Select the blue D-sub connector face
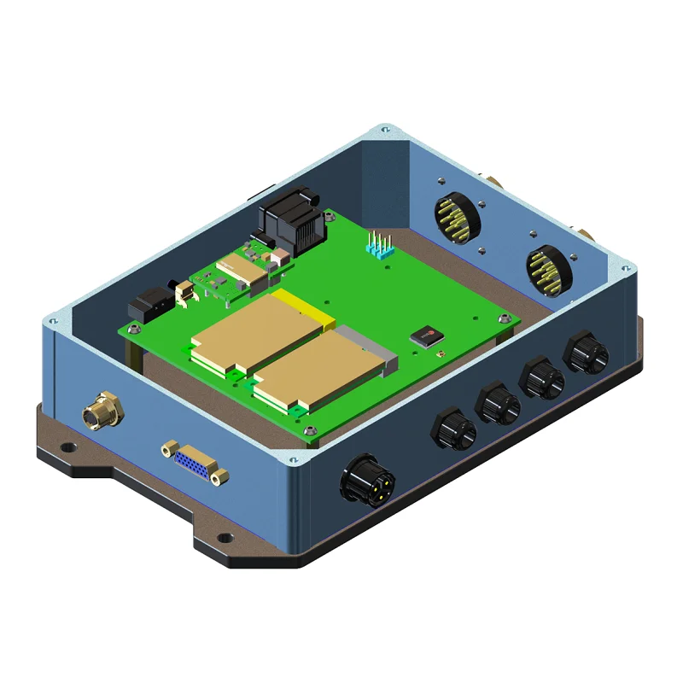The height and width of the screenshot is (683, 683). [x=195, y=464]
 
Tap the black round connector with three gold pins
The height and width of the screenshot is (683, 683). [x=367, y=482]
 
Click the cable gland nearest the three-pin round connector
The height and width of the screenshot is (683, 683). [x=452, y=429]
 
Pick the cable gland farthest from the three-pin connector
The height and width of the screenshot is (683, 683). [x=585, y=350]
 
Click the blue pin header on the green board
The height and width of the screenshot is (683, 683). [x=378, y=245]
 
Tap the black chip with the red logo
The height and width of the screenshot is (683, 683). [x=426, y=334]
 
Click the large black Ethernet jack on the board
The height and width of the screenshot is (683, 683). [x=290, y=225]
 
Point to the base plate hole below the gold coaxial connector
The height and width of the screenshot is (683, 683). [x=72, y=446]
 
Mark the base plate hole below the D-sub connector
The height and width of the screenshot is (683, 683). [x=225, y=537]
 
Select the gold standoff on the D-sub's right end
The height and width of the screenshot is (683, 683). [x=220, y=476]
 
